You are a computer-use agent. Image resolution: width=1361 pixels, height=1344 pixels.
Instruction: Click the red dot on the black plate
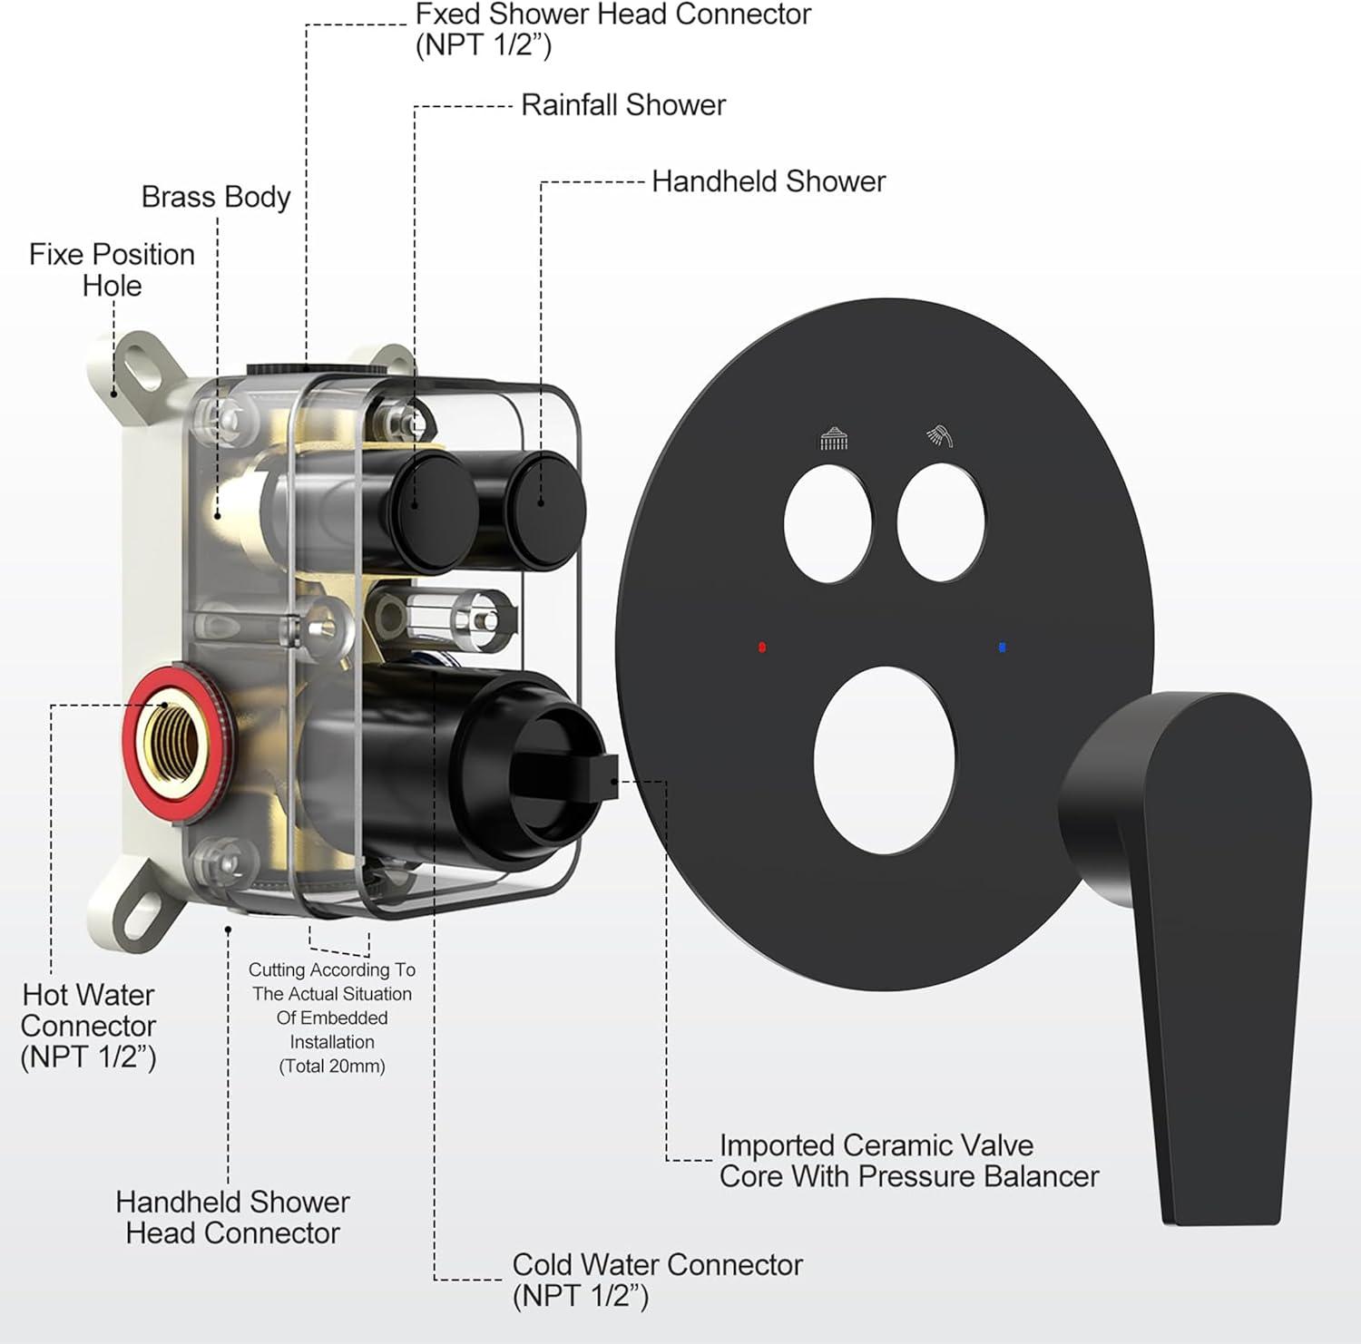pyautogui.click(x=762, y=648)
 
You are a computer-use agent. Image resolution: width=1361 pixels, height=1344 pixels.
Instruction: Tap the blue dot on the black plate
pyautogui.click(x=1002, y=648)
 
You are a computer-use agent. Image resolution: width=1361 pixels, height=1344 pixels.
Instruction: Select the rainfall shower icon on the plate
pyautogui.click(x=834, y=439)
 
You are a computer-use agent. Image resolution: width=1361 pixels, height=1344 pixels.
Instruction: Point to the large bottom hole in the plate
pyautogui.click(x=885, y=760)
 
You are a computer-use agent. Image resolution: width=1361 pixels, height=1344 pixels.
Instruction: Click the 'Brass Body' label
pyautogui.click(x=216, y=197)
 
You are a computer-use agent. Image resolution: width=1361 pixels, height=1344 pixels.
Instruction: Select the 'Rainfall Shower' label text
pyautogui.click(x=622, y=105)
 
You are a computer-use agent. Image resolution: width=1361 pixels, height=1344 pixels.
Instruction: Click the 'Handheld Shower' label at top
pyautogui.click(x=768, y=181)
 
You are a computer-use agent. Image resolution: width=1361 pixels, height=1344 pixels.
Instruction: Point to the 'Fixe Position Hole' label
pyautogui.click(x=112, y=269)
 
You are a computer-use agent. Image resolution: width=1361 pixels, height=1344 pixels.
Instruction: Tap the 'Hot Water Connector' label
pyautogui.click(x=88, y=1026)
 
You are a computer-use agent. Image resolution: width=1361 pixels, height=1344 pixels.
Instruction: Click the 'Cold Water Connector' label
pyautogui.click(x=657, y=1264)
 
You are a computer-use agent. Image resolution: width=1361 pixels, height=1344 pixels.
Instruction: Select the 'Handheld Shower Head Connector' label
pyautogui.click(x=232, y=1217)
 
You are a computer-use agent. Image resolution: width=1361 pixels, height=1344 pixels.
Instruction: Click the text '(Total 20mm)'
pyautogui.click(x=332, y=1066)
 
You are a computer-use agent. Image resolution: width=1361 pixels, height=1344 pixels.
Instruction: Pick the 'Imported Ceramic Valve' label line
pyautogui.click(x=876, y=1145)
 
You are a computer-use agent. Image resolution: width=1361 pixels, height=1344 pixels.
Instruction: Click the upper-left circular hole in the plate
pyautogui.click(x=827, y=523)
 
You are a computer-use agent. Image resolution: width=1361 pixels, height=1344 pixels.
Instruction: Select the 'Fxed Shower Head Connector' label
pyautogui.click(x=612, y=15)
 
